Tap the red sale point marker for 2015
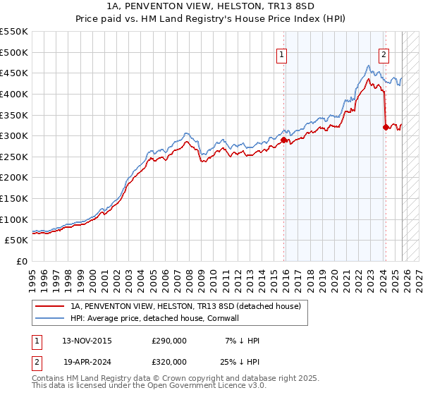coord(283,140)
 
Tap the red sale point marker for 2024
coord(386,128)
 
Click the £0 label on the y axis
coord(21,261)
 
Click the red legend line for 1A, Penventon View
coord(50,306)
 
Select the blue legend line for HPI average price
coord(50,318)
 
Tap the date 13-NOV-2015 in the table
coord(87,341)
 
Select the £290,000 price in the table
coord(169,341)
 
